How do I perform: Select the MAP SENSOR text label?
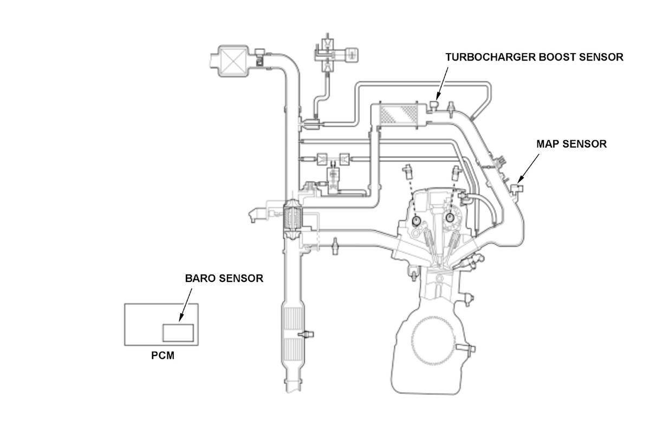(x=571, y=144)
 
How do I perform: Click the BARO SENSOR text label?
(x=224, y=278)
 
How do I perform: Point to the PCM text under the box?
(x=162, y=357)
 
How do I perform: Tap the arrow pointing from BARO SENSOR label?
(x=185, y=304)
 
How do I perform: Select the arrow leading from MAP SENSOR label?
(x=529, y=167)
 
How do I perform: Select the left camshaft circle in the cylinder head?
(x=416, y=220)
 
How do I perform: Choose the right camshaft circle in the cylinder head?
(x=450, y=217)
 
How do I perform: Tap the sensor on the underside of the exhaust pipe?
(x=335, y=246)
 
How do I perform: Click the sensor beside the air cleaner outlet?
(x=259, y=57)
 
